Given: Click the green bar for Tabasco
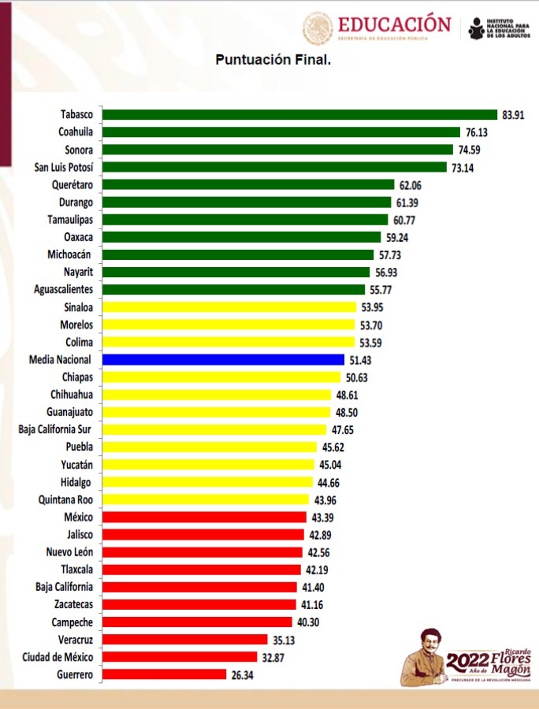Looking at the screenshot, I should (299, 115).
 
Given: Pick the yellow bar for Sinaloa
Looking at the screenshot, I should (229, 307).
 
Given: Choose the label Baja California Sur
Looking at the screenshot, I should (55, 429).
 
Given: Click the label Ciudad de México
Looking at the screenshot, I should (61, 657).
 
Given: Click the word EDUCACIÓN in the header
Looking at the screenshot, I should (394, 24).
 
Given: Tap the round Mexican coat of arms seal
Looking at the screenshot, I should (318, 28).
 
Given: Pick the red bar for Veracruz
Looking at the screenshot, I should (185, 640).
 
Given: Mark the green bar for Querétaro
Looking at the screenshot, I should (248, 184).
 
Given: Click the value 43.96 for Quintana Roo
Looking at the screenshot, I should (329, 499).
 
